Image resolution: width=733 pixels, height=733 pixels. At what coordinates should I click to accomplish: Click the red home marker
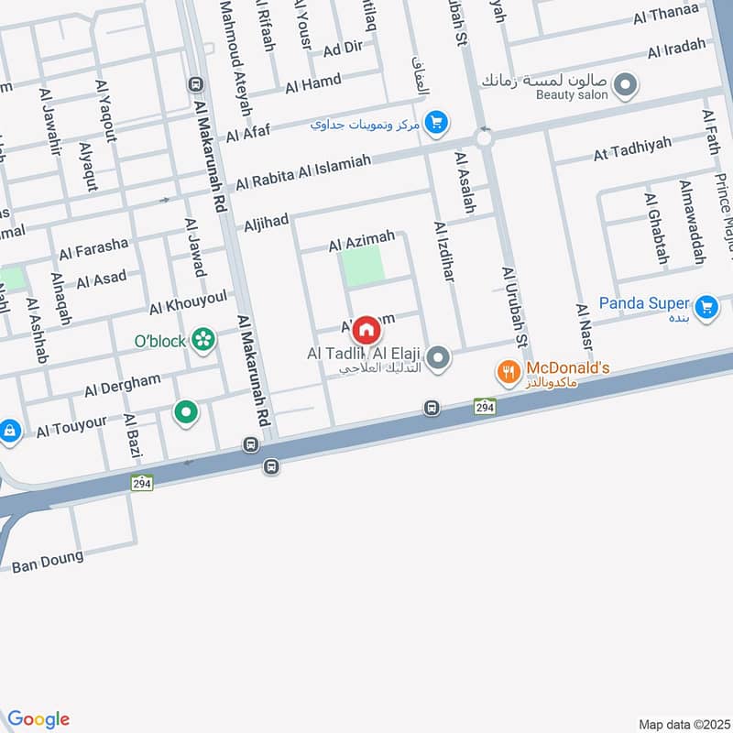366,328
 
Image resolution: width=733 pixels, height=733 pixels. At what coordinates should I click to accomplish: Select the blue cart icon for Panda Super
706,307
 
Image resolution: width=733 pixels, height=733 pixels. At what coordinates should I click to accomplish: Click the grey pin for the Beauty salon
626,86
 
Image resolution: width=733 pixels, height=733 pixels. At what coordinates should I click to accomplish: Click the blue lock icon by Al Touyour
9,429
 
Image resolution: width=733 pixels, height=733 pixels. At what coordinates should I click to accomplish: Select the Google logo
38,719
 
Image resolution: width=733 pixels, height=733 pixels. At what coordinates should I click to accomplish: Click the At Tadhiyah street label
632,148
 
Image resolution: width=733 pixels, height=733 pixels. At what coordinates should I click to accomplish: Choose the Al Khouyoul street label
188,303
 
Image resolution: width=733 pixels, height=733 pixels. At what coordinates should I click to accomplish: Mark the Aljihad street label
267,220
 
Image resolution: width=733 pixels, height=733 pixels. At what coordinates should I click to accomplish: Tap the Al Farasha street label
93,248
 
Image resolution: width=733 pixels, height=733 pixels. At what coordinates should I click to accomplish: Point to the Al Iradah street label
677,49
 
